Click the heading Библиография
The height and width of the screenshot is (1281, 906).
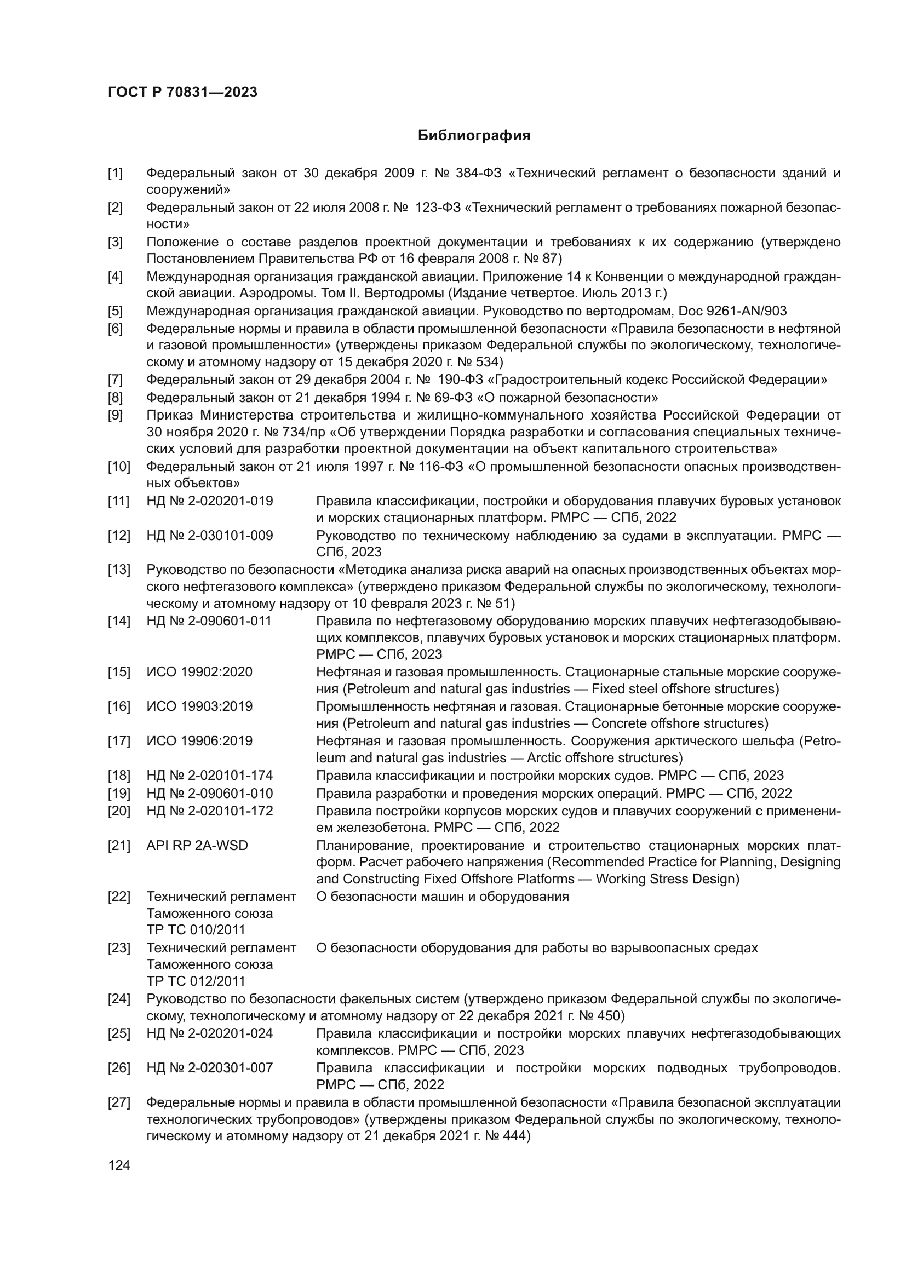[x=474, y=136]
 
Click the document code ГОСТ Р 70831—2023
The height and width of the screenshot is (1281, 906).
[x=182, y=93]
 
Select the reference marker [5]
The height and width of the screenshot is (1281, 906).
[x=116, y=311]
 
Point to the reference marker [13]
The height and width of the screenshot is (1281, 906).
[x=119, y=570]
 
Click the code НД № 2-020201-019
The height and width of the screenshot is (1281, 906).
[x=210, y=501]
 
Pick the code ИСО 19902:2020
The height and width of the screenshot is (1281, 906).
[x=199, y=672]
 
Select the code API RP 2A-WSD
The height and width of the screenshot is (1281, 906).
[x=197, y=845]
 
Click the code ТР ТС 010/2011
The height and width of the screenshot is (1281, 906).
[x=196, y=929]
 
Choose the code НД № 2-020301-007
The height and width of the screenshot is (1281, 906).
[x=210, y=1068]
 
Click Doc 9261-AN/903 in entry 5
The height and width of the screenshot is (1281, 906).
[x=732, y=311]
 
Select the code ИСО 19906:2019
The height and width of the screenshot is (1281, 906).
[x=199, y=741]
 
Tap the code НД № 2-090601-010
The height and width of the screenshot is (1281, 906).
[x=210, y=794]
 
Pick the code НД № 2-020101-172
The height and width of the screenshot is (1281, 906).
[x=210, y=811]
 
